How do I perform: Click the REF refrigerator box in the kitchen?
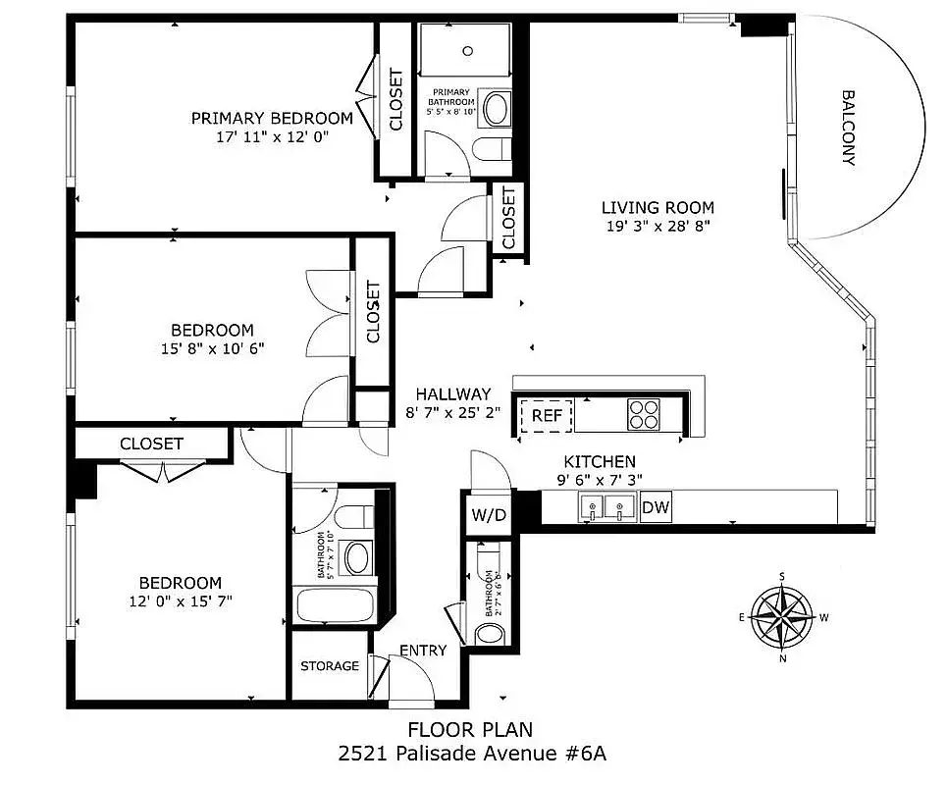click(547, 415)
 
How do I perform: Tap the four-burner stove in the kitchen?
click(643, 414)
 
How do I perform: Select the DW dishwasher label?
click(656, 507)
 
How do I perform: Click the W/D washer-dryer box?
click(489, 514)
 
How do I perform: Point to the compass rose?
click(782, 617)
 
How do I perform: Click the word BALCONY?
click(849, 128)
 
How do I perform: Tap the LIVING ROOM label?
click(658, 208)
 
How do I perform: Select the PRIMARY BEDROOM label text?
click(272, 119)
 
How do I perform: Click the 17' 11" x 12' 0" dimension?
click(272, 137)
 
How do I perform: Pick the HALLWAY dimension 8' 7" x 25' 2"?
click(453, 413)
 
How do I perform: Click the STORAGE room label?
click(330, 666)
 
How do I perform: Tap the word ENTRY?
click(423, 651)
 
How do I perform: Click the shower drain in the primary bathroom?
click(467, 51)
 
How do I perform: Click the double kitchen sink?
click(607, 506)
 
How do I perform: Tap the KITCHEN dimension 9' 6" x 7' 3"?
click(600, 480)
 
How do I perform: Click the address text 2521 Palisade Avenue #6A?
click(472, 754)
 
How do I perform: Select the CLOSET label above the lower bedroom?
click(151, 444)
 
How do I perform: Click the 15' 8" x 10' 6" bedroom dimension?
click(213, 349)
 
